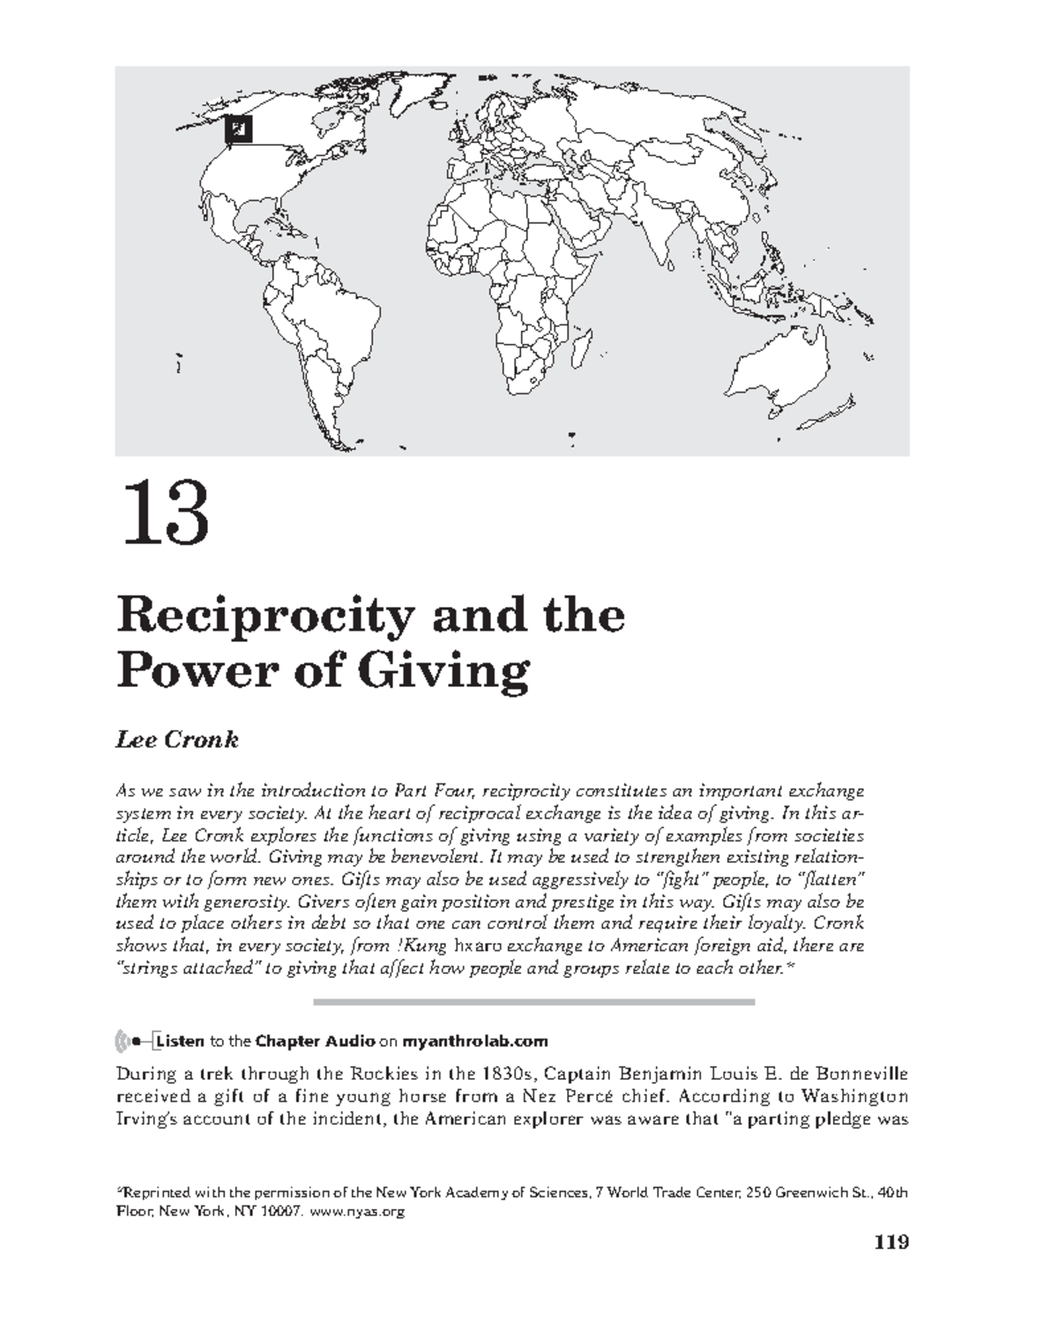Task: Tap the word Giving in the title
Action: point(441,672)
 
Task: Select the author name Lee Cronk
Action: point(177,739)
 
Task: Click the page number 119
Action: point(890,1243)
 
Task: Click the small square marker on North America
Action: point(237,130)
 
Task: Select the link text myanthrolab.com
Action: point(475,1041)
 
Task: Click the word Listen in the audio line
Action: point(179,1041)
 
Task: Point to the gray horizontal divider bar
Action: point(534,1002)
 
